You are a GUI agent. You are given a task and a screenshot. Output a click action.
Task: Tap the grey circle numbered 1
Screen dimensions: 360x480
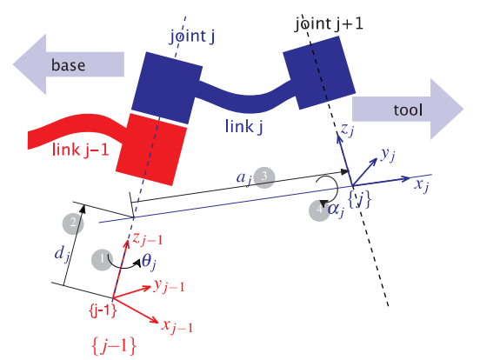coord(105,258)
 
